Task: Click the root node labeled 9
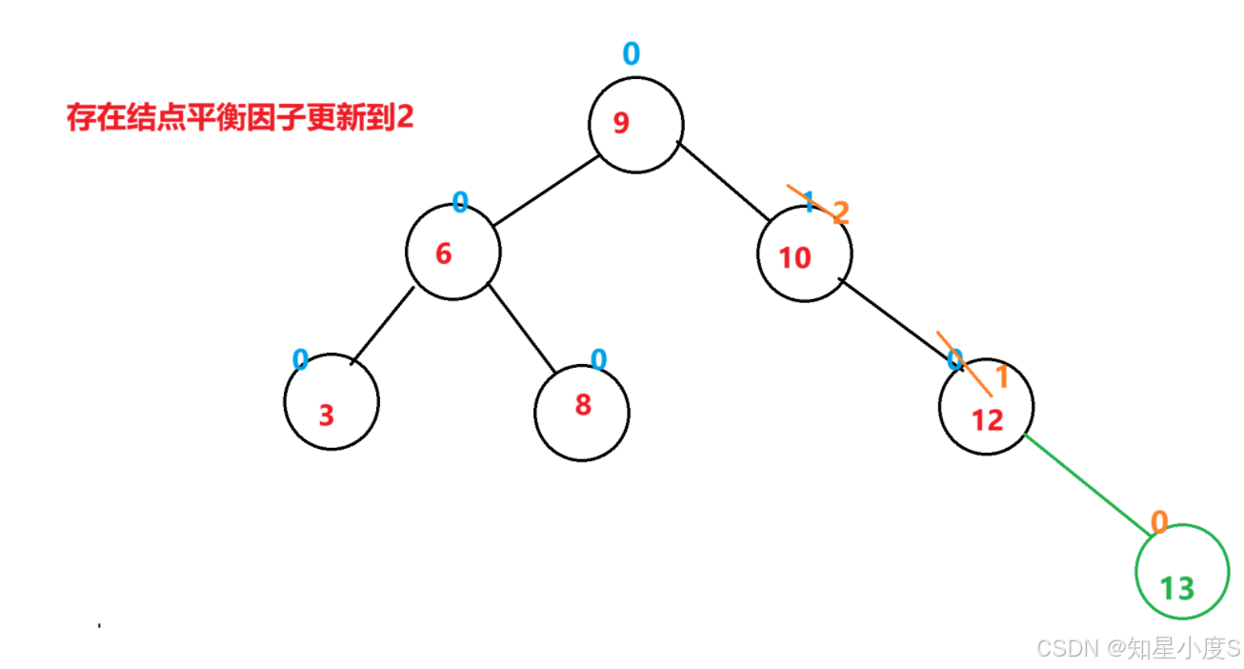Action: point(635,126)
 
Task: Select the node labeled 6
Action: point(452,253)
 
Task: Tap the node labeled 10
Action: point(804,254)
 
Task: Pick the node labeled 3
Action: point(331,402)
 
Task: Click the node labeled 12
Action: point(986,408)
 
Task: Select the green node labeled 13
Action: point(1181,572)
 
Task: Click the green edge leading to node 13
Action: point(1086,483)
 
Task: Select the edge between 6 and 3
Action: point(383,324)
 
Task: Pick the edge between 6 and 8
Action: point(522,327)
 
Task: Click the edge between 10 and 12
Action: point(900,320)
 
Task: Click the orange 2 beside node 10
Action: point(839,213)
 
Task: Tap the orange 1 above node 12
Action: point(1001,377)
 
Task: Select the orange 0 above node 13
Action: point(1159,521)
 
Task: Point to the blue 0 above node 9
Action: point(631,54)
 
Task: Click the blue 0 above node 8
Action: point(598,359)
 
